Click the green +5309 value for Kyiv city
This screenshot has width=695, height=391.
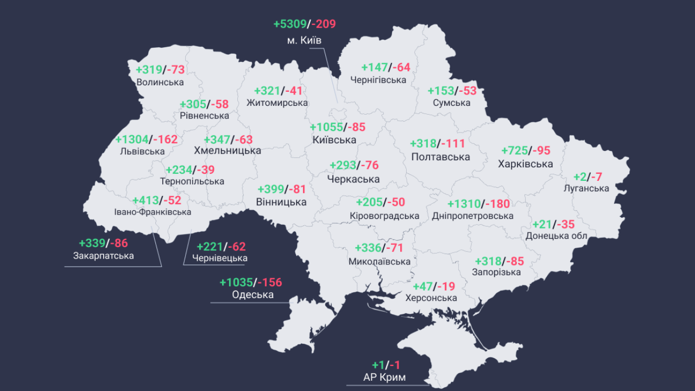[x=290, y=24]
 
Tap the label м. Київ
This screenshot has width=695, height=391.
[x=305, y=40]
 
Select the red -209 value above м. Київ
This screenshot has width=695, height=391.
[x=324, y=24]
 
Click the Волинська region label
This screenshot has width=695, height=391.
[x=160, y=82]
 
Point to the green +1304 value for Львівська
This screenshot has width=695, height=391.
[x=131, y=139]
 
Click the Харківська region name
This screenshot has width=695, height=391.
[x=526, y=163]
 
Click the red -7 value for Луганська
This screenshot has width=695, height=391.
[x=597, y=177]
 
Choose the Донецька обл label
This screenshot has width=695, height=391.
[x=557, y=236]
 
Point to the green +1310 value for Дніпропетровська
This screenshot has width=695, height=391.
[x=464, y=204]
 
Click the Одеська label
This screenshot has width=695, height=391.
[x=252, y=295]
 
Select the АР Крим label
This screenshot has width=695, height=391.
[x=384, y=377]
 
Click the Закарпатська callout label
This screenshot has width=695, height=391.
[x=103, y=255]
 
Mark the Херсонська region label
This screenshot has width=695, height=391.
[x=431, y=298]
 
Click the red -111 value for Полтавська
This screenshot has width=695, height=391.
[x=453, y=143]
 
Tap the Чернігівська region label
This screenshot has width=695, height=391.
[x=378, y=80]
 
